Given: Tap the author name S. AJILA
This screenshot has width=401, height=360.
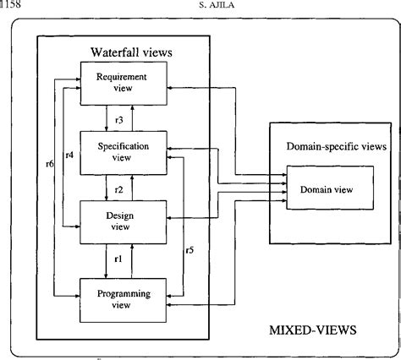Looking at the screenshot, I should click(x=199, y=5).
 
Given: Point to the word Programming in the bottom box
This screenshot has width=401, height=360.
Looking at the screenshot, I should click(x=124, y=293).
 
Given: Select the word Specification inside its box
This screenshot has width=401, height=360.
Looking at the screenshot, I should click(x=124, y=146).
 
